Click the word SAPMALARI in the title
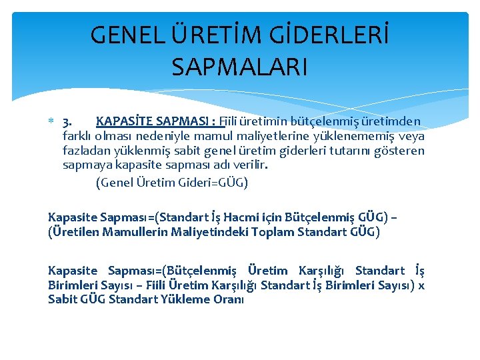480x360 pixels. [239, 67]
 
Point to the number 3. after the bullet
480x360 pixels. [67, 122]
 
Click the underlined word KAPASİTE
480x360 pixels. [121, 121]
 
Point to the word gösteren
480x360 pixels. [401, 151]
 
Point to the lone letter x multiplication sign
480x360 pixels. [421, 285]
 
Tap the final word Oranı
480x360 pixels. [228, 299]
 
